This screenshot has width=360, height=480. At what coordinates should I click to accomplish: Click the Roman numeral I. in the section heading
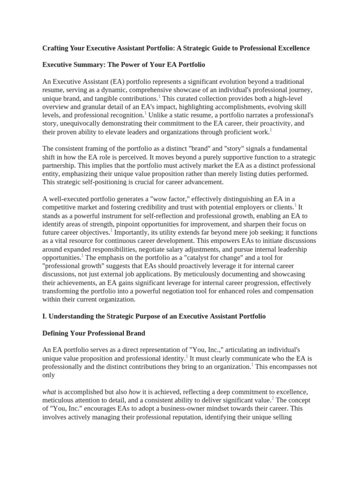(45, 316)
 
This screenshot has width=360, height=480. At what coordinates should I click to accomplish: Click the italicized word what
(49, 392)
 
